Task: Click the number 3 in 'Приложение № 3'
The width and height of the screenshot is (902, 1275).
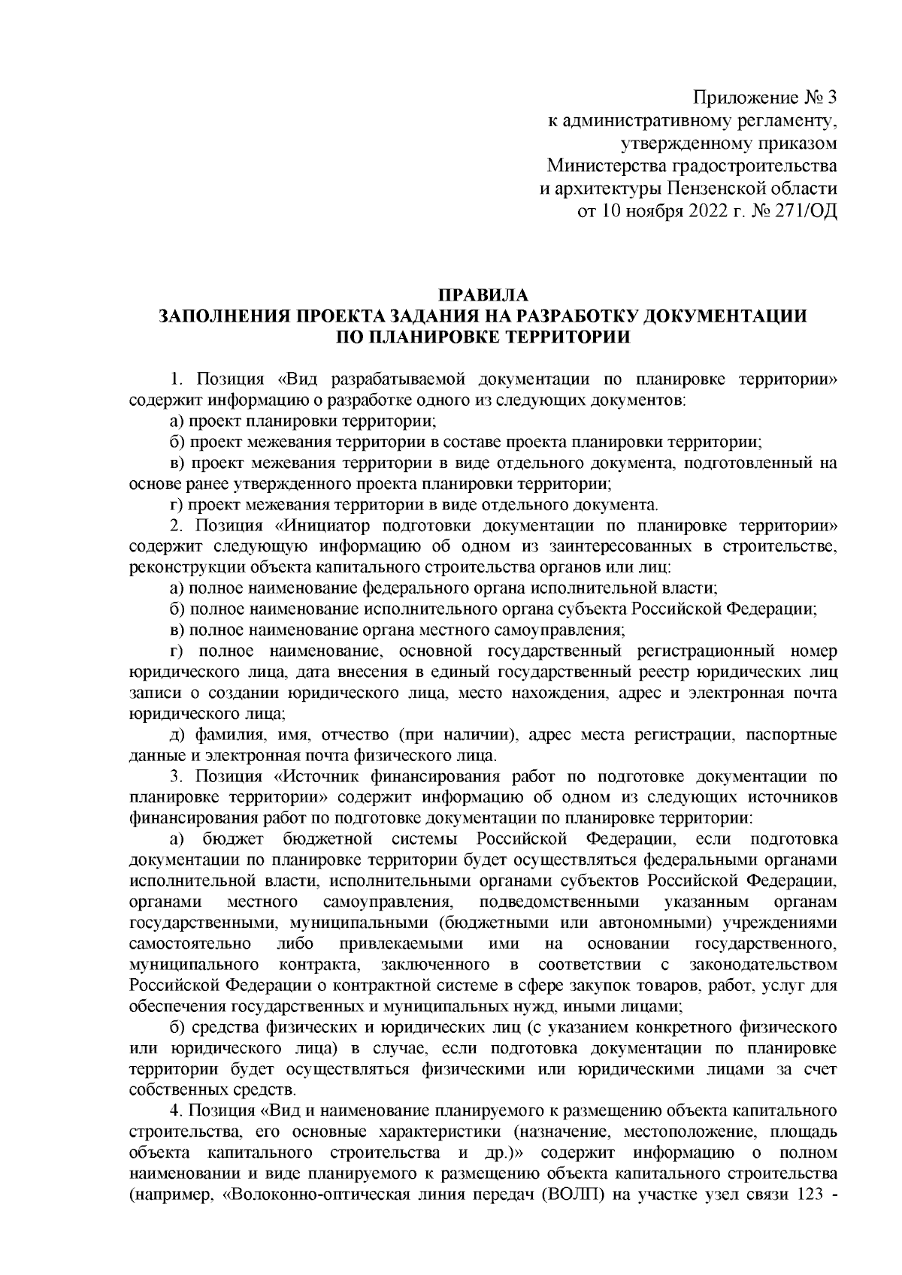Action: click(830, 98)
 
